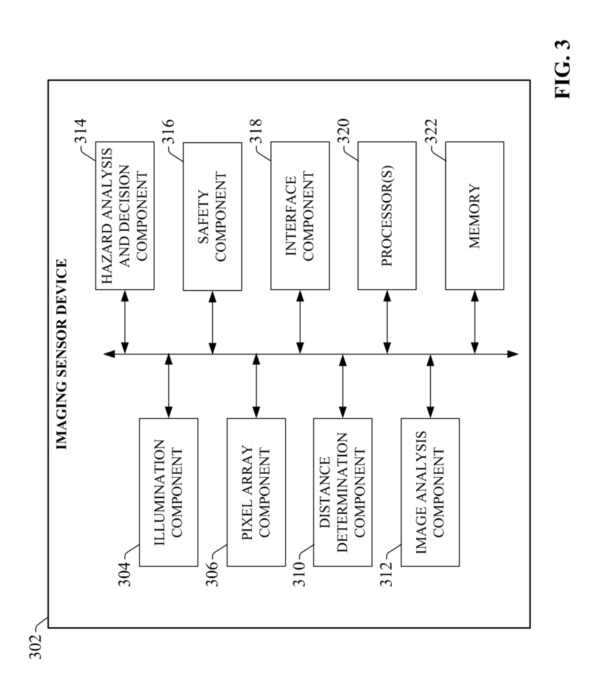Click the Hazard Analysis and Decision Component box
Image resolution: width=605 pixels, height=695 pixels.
click(x=125, y=216)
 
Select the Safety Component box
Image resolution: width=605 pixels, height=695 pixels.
click(x=213, y=217)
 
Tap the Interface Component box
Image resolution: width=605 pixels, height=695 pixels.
click(x=300, y=216)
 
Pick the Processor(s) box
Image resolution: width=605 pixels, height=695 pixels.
click(x=387, y=216)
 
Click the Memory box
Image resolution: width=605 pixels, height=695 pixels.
click(x=475, y=216)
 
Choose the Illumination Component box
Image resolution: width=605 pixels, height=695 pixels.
click(x=168, y=492)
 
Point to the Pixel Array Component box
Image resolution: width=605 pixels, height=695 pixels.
click(x=256, y=492)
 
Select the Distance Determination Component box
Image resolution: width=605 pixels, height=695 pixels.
click(x=342, y=492)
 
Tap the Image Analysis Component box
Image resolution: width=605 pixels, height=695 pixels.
click(x=430, y=492)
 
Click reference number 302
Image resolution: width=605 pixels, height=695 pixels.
click(x=35, y=647)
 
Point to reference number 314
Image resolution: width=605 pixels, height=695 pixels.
click(x=80, y=131)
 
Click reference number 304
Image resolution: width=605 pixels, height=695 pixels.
click(x=124, y=574)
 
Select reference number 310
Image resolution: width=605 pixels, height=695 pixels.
click(x=299, y=574)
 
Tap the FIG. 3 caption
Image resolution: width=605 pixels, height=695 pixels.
click(x=562, y=70)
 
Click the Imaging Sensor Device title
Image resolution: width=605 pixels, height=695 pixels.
click(x=62, y=354)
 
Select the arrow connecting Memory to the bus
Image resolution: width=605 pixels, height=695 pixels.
click(x=475, y=322)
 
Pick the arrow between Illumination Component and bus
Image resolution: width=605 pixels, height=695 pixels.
click(x=168, y=386)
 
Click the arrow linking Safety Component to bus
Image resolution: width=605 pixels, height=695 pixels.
click(x=213, y=322)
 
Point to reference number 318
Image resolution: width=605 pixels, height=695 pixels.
click(x=256, y=131)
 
